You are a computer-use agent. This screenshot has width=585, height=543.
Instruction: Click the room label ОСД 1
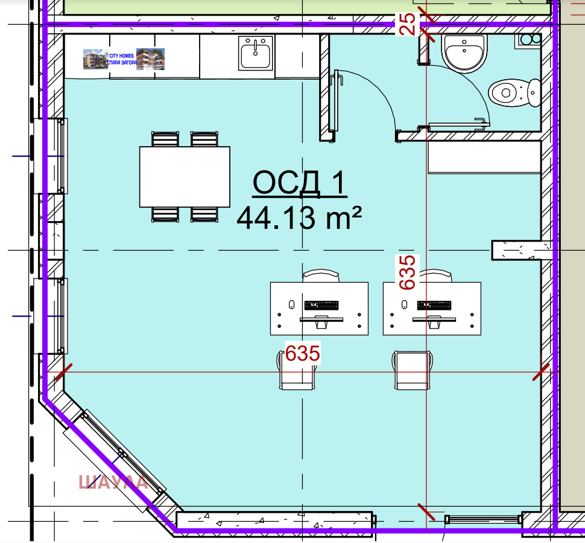pos(299,183)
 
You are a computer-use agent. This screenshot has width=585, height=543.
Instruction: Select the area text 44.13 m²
pos(299,218)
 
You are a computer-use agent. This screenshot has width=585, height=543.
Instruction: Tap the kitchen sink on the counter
pos(257,53)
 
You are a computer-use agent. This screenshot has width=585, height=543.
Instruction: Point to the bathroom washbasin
pos(464,53)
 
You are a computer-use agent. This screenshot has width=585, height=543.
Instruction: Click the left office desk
pos(318,308)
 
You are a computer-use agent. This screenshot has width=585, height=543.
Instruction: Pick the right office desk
pos(432,308)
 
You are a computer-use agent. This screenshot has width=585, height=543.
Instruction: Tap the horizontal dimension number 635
pos(302,353)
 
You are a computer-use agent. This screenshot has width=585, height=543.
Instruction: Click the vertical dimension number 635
pos(408,272)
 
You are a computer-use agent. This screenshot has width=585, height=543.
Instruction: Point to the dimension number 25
pos(408,24)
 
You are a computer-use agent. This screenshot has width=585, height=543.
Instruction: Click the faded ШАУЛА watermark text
pos(113,482)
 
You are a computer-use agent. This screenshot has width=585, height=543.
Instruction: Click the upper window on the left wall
pos(62,155)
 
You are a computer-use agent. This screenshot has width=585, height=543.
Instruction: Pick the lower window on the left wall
pos(62,315)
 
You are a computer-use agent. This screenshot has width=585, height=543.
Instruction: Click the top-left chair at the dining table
pos(165,139)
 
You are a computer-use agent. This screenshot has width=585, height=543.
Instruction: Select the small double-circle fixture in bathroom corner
pos(529,40)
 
